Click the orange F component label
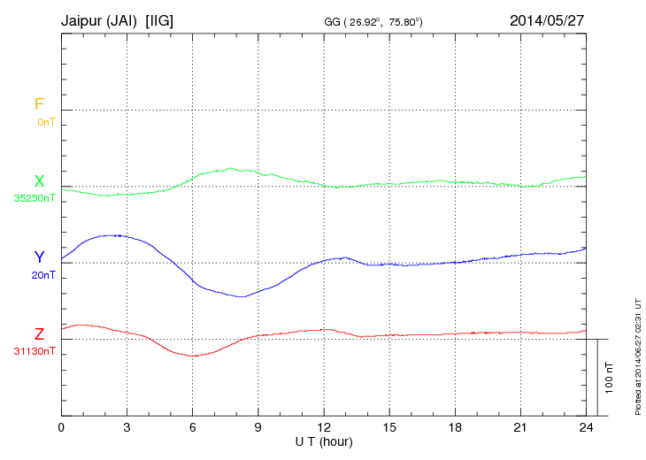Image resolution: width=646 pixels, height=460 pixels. [39, 104]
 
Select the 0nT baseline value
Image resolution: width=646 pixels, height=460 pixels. [46, 121]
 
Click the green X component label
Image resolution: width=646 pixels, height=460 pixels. [39, 181]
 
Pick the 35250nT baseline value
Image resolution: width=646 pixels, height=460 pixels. [35, 198]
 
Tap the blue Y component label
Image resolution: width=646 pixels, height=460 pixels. [39, 257]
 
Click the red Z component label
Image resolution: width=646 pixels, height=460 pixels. [39, 334]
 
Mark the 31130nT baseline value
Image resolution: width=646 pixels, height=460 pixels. [35, 351]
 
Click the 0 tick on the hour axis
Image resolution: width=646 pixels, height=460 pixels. [61, 427]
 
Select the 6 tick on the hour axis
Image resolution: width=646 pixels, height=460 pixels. [193, 427]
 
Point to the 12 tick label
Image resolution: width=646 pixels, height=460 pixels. [324, 427]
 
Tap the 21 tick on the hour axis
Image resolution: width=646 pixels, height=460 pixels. [521, 427]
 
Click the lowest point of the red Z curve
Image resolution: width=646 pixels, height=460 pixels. [193, 356]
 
